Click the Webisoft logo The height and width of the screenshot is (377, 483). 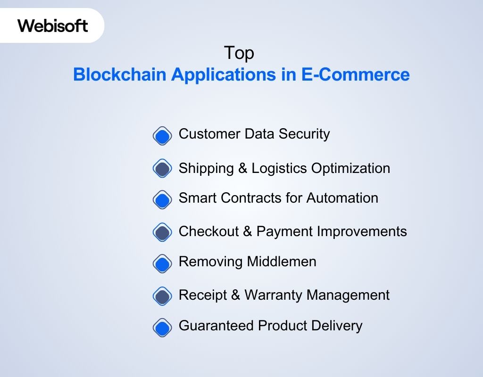coord(53,25)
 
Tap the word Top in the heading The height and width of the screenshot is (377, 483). coord(239,53)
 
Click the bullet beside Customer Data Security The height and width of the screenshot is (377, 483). coord(162,136)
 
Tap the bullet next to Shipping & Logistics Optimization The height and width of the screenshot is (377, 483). coord(162,169)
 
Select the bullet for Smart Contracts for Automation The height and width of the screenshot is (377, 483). coord(162,200)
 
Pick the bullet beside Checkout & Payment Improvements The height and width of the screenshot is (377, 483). coord(162,232)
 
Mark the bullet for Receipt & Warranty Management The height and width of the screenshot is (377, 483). coord(162,296)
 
